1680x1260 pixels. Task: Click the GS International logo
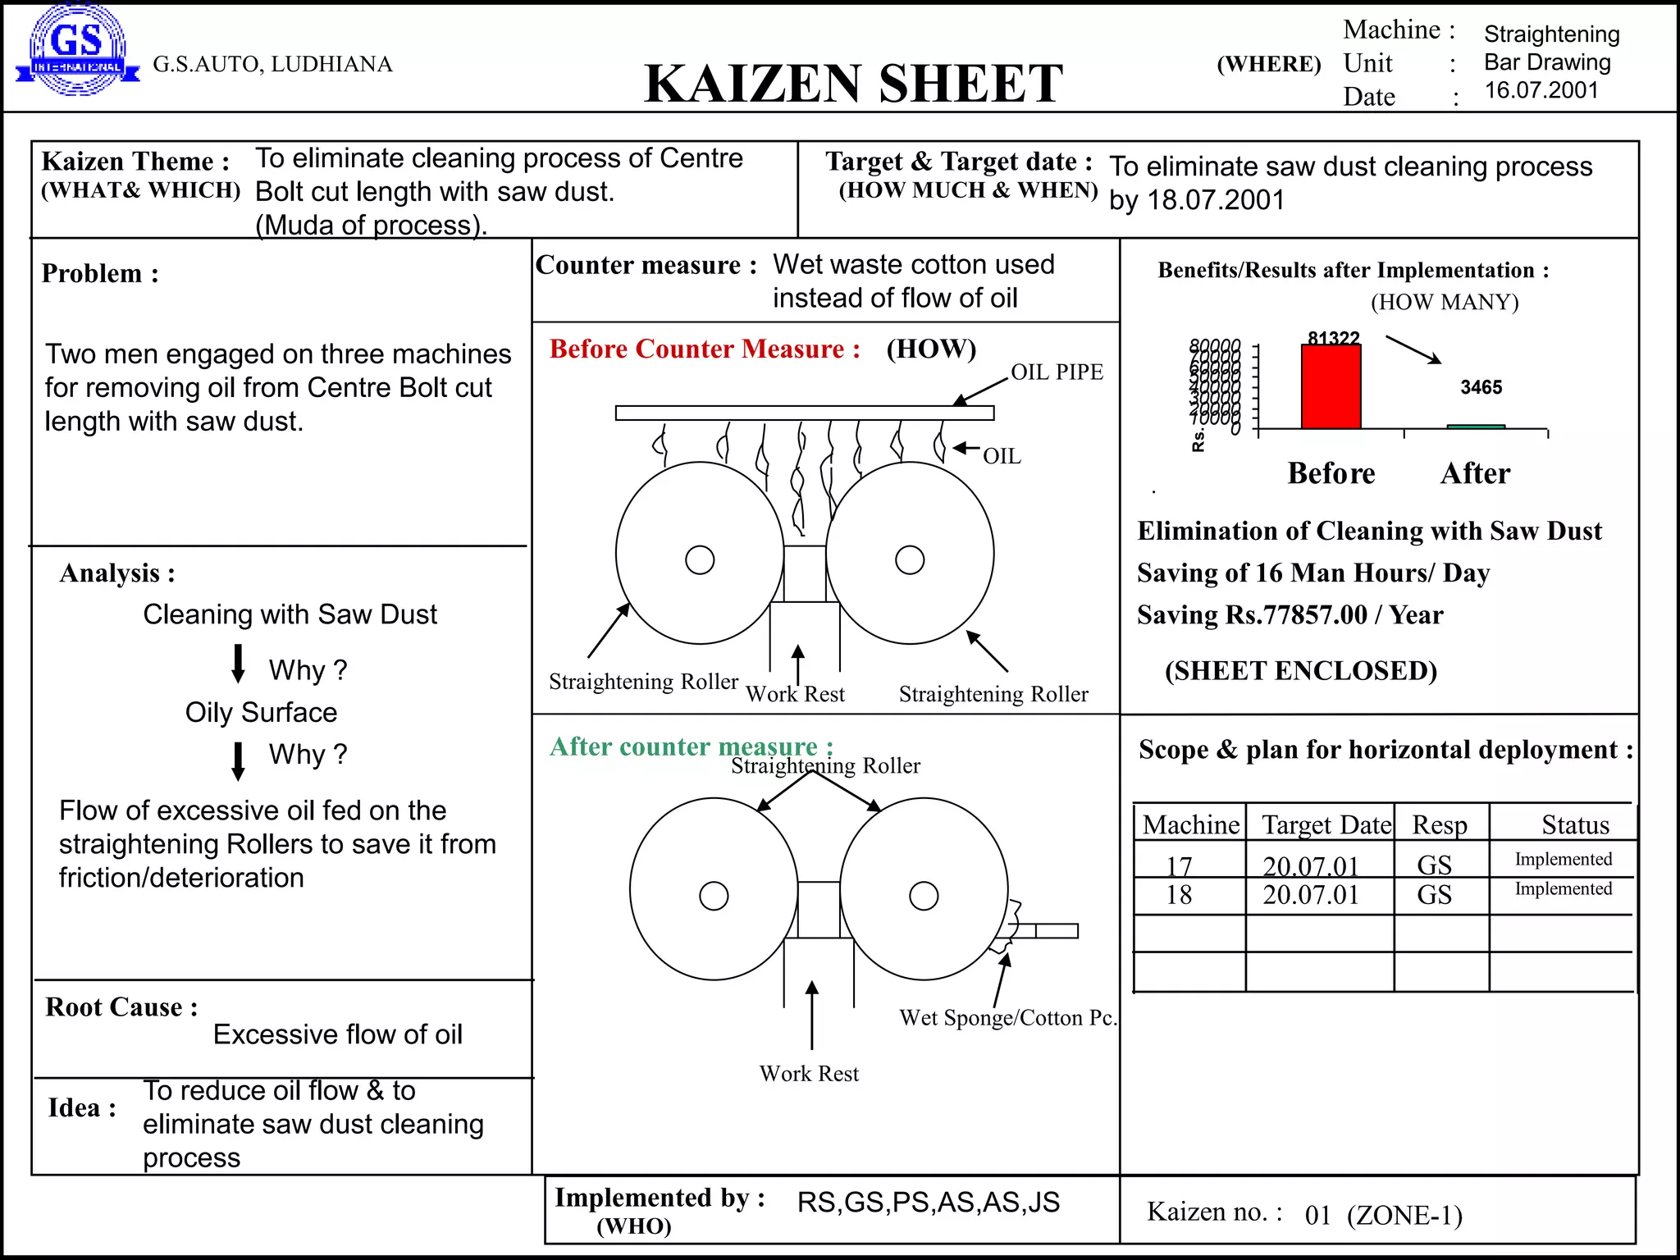point(77,51)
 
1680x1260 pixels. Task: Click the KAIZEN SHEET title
point(853,84)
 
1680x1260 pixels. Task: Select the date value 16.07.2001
point(1541,90)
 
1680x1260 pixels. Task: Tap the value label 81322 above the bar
point(1333,338)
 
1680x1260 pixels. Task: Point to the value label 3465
point(1481,387)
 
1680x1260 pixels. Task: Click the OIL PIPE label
point(1057,372)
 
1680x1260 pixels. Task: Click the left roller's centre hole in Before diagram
point(700,560)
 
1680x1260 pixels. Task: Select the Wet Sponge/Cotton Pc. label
point(1008,1018)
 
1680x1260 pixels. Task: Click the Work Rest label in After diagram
point(809,1074)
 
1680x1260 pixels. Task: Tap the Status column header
point(1575,824)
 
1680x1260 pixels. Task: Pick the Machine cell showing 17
point(1179,865)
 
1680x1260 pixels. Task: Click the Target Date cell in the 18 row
point(1311,895)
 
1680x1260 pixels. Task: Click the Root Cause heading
point(121,1007)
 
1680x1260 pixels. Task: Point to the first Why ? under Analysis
point(308,670)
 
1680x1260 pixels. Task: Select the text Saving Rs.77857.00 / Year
point(1290,615)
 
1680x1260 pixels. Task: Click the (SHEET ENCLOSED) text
point(1300,671)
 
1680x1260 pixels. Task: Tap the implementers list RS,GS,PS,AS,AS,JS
point(928,1203)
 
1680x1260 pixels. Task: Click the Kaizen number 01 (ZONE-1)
point(1383,1215)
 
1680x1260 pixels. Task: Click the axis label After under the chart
point(1474,474)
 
